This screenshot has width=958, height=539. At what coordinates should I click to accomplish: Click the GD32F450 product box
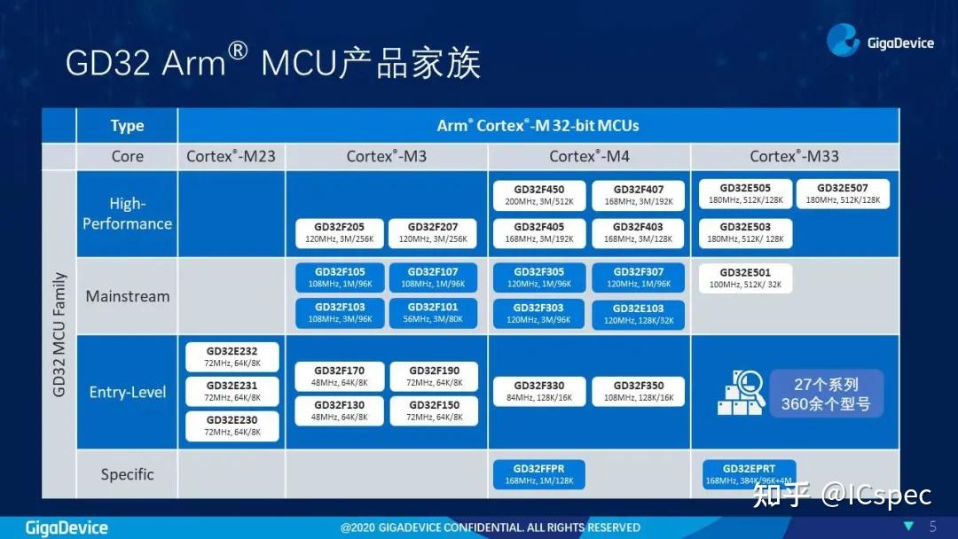tap(538, 195)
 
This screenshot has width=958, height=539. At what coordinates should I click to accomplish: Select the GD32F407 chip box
tap(639, 195)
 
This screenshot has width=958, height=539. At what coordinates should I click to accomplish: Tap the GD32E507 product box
tap(843, 193)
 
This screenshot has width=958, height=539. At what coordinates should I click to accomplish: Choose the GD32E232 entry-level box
tap(232, 357)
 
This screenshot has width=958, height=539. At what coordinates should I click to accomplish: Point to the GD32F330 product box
tap(538, 391)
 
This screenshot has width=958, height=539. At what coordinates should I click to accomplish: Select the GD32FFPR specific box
tap(539, 474)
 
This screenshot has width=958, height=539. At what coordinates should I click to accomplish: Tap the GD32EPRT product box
tap(749, 474)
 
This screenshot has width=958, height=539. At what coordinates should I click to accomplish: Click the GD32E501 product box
tap(745, 278)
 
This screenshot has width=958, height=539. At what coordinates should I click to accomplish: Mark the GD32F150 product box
tap(434, 410)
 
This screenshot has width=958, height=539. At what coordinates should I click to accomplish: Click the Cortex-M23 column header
tap(231, 156)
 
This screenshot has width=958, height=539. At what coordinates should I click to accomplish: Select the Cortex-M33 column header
tap(794, 156)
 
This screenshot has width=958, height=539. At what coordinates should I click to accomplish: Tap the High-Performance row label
tap(127, 214)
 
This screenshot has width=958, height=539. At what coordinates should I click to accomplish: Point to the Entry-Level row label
tap(127, 392)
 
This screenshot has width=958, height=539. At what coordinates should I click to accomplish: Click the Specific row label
tap(127, 474)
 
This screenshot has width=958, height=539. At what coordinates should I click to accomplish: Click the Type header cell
tap(127, 125)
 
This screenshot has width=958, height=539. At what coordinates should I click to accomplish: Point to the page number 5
tap(932, 526)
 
